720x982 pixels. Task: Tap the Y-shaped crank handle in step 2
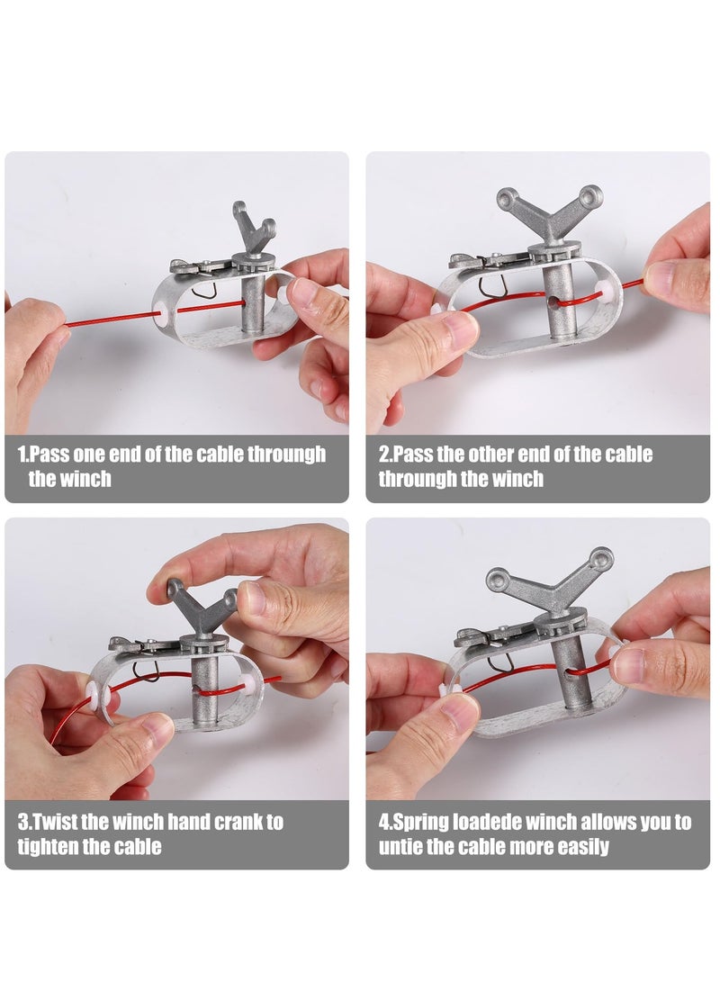(549, 216)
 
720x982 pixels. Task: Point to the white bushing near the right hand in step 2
(606, 289)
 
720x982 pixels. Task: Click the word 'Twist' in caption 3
(52, 821)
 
